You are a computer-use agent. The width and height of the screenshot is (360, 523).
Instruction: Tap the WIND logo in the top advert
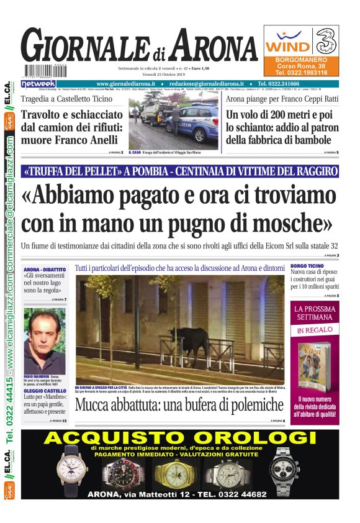[x=287, y=46]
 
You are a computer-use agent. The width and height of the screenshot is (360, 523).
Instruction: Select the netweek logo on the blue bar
[x=38, y=83]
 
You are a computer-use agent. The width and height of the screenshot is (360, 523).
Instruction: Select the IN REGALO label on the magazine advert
[x=317, y=330]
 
